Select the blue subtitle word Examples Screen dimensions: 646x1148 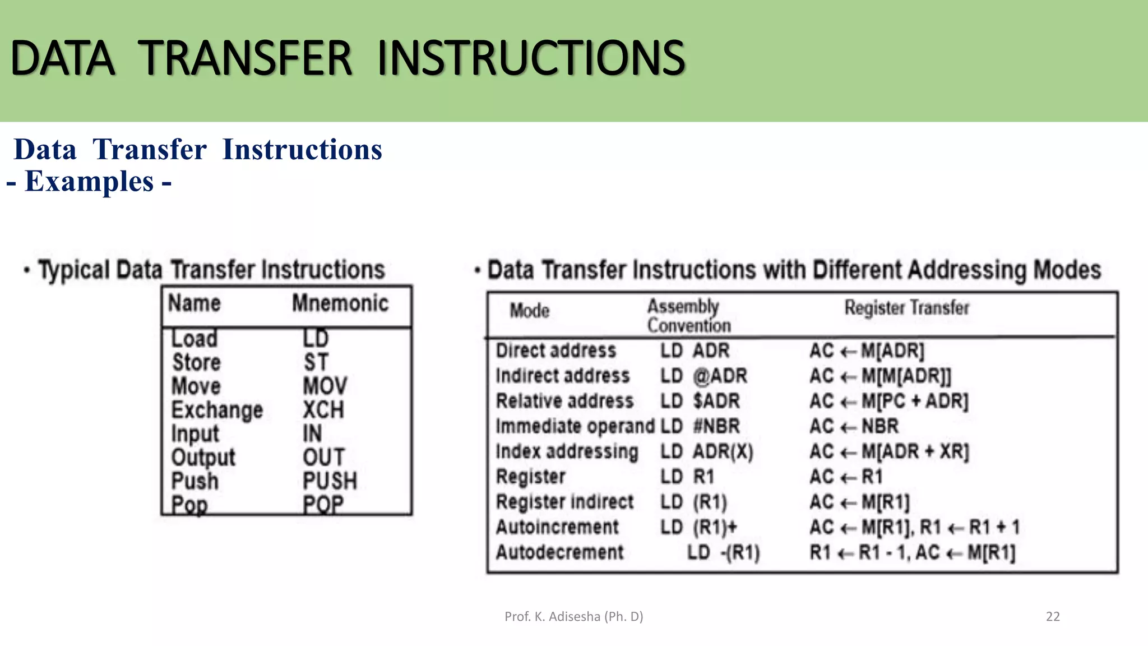89,182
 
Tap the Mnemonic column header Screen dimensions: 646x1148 340,303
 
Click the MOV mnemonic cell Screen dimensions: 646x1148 325,386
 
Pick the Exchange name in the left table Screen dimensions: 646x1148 217,410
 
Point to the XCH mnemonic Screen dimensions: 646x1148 323,410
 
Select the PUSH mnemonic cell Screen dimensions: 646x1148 330,481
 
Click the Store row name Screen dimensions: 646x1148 196,362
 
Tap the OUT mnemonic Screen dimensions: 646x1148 323,457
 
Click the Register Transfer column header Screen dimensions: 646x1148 906,308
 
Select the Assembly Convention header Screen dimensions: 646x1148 688,316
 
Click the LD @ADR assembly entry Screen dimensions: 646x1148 703,376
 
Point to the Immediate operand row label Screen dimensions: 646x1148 575,426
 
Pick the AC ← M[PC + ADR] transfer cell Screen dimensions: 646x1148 888,401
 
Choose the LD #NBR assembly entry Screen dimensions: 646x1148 700,426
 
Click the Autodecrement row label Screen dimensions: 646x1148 559,552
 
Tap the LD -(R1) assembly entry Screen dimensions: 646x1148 723,552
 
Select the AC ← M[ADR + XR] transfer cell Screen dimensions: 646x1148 888,451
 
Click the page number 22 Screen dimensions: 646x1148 1053,617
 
